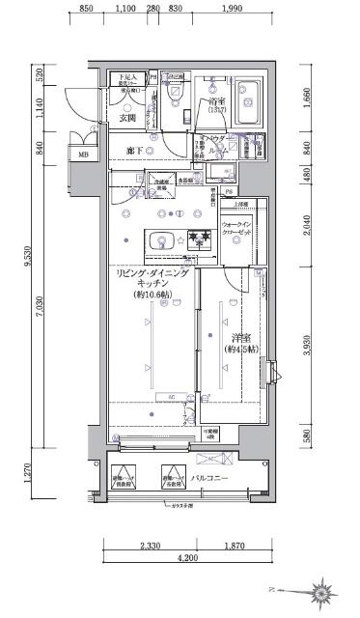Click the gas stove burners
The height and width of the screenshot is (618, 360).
point(200,239)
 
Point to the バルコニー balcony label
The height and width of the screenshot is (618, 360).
point(208,478)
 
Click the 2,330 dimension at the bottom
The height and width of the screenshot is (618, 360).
point(150,546)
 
